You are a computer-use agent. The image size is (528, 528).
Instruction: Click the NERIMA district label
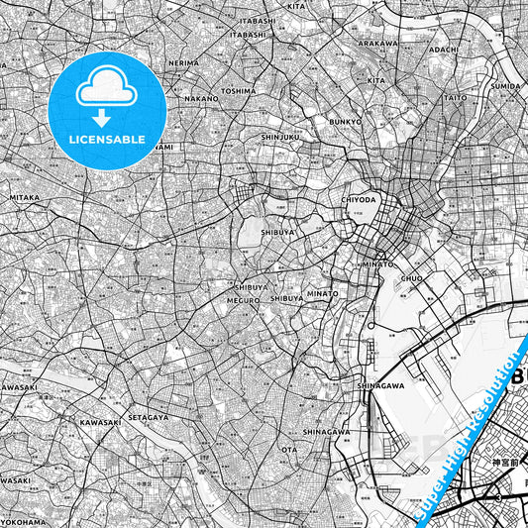(x=183, y=62)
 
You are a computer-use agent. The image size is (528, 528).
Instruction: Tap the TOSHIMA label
(x=239, y=90)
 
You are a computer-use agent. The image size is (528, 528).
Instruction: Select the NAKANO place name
(x=201, y=99)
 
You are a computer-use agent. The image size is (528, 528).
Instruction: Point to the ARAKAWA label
(x=377, y=44)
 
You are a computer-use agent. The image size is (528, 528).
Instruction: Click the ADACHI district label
(x=444, y=49)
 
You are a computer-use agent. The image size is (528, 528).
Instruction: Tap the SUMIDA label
(x=506, y=86)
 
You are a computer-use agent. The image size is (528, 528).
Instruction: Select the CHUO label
(x=411, y=279)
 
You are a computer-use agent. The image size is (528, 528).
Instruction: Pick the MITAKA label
(x=25, y=197)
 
